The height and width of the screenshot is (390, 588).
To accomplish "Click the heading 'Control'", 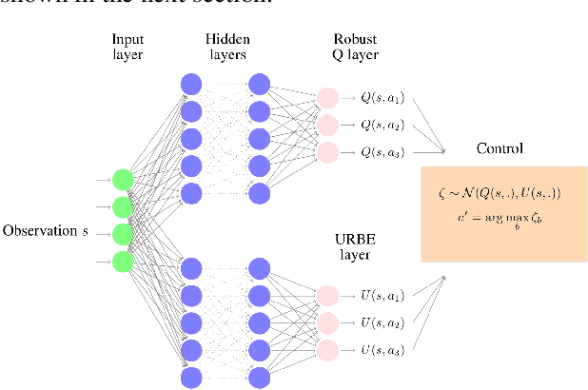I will pyautogui.click(x=500, y=149).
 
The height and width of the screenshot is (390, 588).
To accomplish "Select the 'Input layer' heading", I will pyautogui.click(x=127, y=47).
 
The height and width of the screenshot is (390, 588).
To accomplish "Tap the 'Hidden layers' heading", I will pyautogui.click(x=226, y=47).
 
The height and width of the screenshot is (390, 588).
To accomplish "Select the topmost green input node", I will pyautogui.click(x=122, y=179).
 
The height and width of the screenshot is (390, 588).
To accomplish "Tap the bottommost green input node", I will pyautogui.click(x=122, y=261).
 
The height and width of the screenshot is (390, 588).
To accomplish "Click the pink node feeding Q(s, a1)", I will pyautogui.click(x=326, y=97).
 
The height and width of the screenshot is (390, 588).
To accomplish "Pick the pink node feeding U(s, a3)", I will pyautogui.click(x=326, y=349).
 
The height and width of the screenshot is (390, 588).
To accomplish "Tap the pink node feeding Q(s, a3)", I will pyautogui.click(x=326, y=151).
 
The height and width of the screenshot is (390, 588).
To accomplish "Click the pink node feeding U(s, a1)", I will pyautogui.click(x=326, y=295).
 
